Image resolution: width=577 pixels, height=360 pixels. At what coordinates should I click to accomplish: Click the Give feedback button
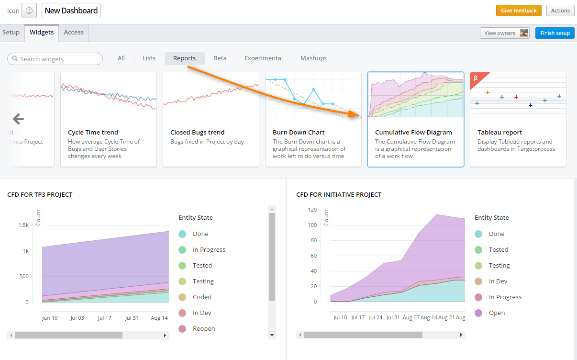tap(519, 11)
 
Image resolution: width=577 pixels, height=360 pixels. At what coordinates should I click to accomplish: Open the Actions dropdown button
tap(560, 11)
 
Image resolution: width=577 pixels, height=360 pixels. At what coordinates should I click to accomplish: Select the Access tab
tap(74, 33)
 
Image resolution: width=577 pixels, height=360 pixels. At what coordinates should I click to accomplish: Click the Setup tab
tap(11, 33)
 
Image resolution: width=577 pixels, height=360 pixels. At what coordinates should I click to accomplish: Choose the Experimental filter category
tap(263, 58)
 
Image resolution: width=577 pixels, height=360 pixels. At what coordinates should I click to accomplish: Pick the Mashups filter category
tap(313, 58)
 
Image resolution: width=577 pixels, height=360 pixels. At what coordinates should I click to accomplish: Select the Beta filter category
tap(220, 58)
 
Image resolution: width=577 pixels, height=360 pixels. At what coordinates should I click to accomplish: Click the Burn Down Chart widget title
tap(299, 133)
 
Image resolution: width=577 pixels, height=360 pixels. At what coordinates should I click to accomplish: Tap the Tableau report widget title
tap(499, 133)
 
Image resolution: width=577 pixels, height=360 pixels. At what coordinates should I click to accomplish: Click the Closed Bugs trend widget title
tap(197, 133)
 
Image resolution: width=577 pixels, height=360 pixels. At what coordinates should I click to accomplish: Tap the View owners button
tap(504, 33)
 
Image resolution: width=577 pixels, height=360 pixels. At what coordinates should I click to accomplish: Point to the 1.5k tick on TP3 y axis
tap(23, 225)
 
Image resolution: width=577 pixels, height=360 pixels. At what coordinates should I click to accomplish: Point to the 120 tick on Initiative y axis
tap(312, 210)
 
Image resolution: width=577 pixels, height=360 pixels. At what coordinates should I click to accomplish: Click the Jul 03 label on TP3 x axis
tap(77, 317)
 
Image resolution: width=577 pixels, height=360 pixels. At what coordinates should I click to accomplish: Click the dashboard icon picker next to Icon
tap(29, 11)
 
